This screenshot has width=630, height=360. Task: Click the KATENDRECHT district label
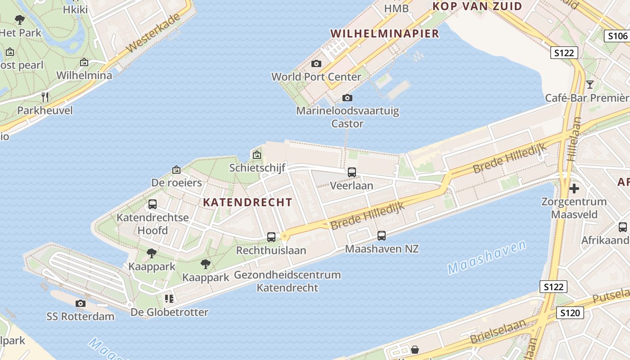247,202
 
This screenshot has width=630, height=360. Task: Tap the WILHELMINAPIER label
385,33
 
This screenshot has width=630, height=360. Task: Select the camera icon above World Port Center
316,64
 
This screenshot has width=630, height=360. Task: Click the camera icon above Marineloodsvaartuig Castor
347,98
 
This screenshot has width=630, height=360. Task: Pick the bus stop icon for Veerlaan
352,172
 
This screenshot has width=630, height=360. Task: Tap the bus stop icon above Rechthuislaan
271,237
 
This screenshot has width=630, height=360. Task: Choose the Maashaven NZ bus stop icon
382,235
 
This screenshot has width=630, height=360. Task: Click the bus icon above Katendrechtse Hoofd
153,204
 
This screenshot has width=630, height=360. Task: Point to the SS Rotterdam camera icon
81,303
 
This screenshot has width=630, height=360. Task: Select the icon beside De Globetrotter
169,298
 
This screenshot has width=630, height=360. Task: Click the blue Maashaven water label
487,257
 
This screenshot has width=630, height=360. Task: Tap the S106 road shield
617,36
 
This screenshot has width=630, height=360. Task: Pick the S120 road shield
570,313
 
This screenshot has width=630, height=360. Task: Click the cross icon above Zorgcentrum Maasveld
574,188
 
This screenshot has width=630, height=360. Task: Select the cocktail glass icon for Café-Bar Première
590,84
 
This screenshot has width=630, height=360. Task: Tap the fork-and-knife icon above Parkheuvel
45,97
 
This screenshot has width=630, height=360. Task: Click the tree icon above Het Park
20,19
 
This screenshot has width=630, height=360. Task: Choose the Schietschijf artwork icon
257,155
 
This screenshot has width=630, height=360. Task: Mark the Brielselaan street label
498,331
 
